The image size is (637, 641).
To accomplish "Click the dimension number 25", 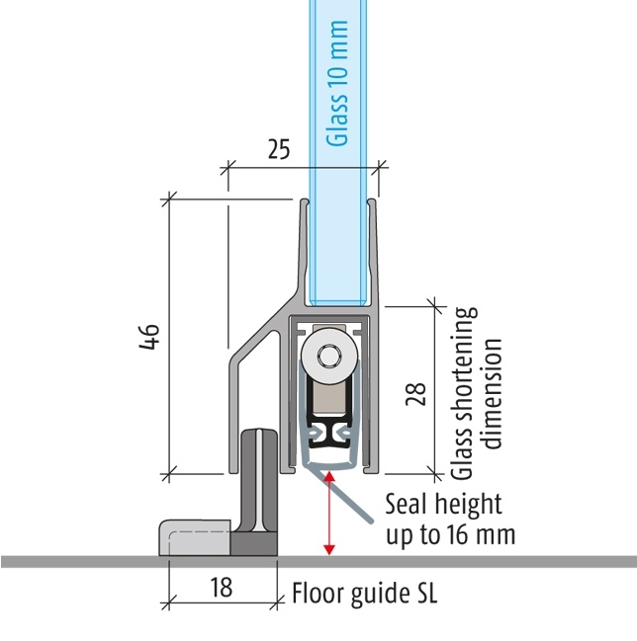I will point(279,149).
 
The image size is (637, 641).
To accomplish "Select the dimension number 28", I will point(415,393).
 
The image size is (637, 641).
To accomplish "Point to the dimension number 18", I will point(221,588).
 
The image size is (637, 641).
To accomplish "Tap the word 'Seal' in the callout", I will point(406,505).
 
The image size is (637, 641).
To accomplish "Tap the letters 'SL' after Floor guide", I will point(423,595).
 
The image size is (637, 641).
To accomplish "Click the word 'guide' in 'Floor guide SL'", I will point(374,596).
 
